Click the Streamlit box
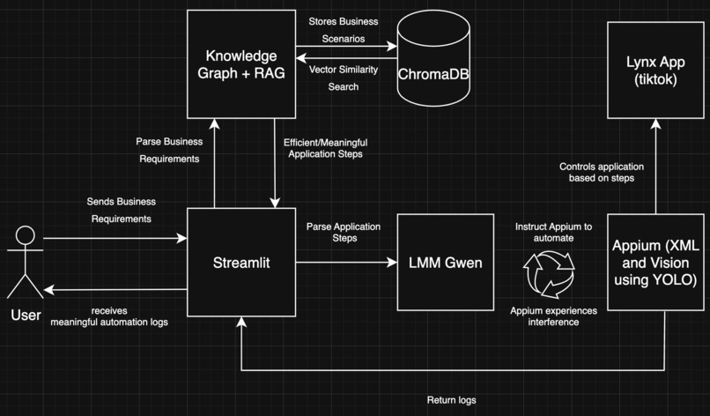click(240, 263)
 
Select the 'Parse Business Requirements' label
click(169, 150)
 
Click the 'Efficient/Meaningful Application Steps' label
click(323, 147)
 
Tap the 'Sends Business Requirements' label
click(118, 210)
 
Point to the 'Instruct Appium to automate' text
click(554, 233)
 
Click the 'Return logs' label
click(452, 400)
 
